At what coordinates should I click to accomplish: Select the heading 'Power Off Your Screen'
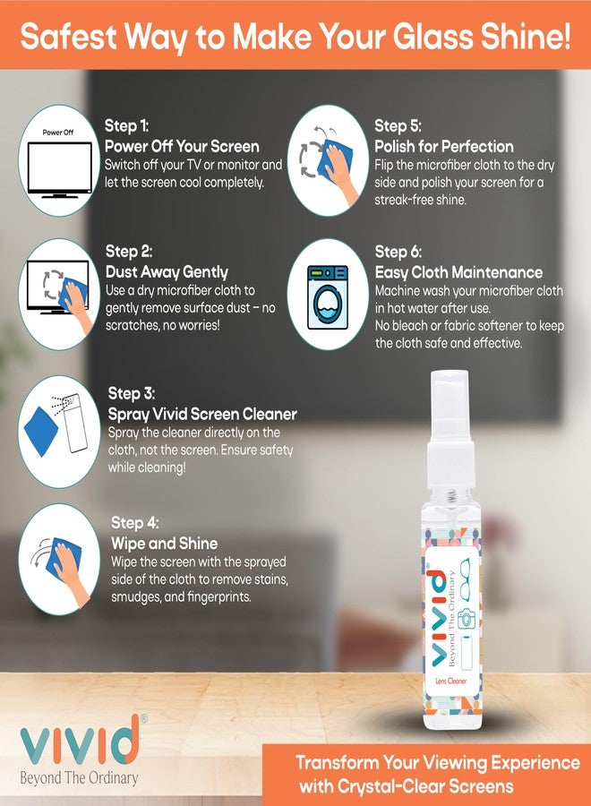pos(182,146)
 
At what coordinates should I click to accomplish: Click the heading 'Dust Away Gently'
pos(167,271)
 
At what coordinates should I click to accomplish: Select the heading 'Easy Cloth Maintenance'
pos(458,272)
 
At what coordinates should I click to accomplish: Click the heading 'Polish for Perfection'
pos(444,146)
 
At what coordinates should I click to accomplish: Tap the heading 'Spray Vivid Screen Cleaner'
pos(202,414)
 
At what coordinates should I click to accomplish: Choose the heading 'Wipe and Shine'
pos(165,543)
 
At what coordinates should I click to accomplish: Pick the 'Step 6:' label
pos(398,252)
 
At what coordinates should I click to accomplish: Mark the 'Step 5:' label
pos(398,125)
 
